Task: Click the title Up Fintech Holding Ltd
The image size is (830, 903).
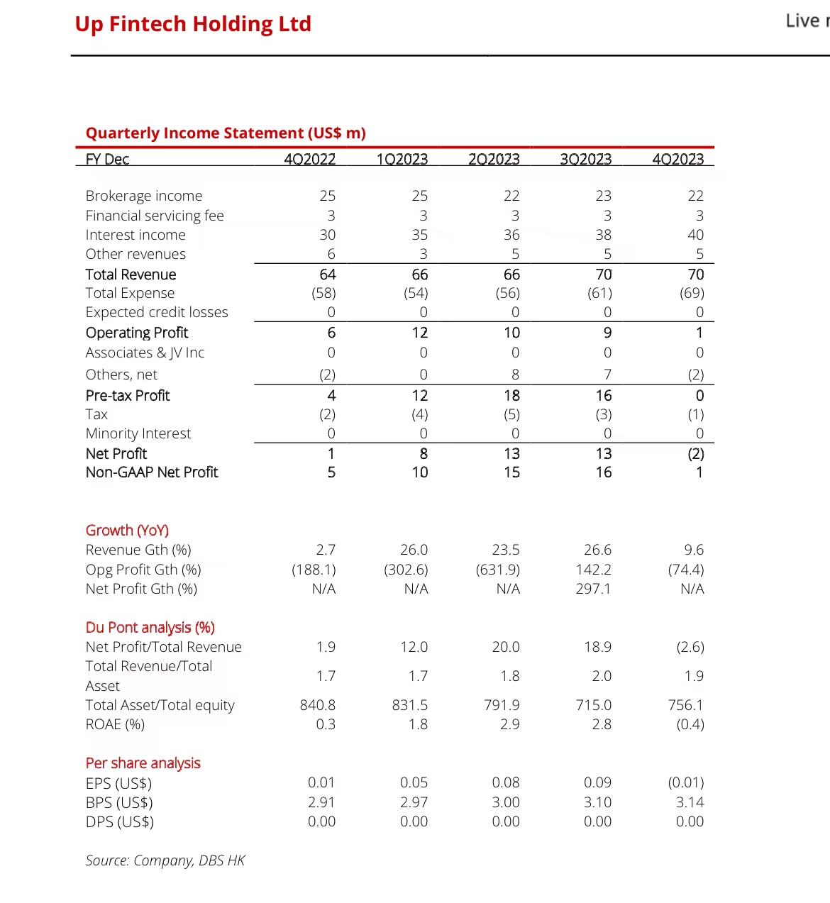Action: click(x=193, y=24)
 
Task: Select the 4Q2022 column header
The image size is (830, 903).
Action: click(x=309, y=159)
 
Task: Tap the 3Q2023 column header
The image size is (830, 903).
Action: click(x=585, y=159)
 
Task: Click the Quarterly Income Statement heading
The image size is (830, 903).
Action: click(x=226, y=133)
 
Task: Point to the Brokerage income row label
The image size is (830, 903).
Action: click(x=143, y=196)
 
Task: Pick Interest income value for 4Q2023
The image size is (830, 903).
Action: click(x=695, y=235)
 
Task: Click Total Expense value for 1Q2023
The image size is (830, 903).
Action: click(x=416, y=293)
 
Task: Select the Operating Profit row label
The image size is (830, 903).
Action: click(x=137, y=333)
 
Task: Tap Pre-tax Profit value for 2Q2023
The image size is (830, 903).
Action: click(x=511, y=396)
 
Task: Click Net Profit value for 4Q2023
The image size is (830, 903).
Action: click(x=695, y=454)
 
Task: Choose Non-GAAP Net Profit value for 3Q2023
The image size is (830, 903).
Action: click(x=603, y=472)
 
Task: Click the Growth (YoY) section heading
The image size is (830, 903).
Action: click(x=127, y=531)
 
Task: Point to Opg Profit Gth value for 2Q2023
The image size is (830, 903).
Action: click(x=498, y=570)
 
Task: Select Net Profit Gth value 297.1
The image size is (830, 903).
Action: click(x=593, y=589)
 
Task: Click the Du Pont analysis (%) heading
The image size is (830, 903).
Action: click(x=150, y=628)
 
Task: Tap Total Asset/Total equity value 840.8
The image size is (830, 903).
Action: click(x=317, y=705)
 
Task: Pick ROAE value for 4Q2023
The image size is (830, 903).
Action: click(x=690, y=724)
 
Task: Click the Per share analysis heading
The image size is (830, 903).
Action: click(x=143, y=763)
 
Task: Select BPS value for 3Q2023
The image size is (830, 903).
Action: click(x=597, y=802)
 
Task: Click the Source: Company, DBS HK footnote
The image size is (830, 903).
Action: click(x=165, y=860)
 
